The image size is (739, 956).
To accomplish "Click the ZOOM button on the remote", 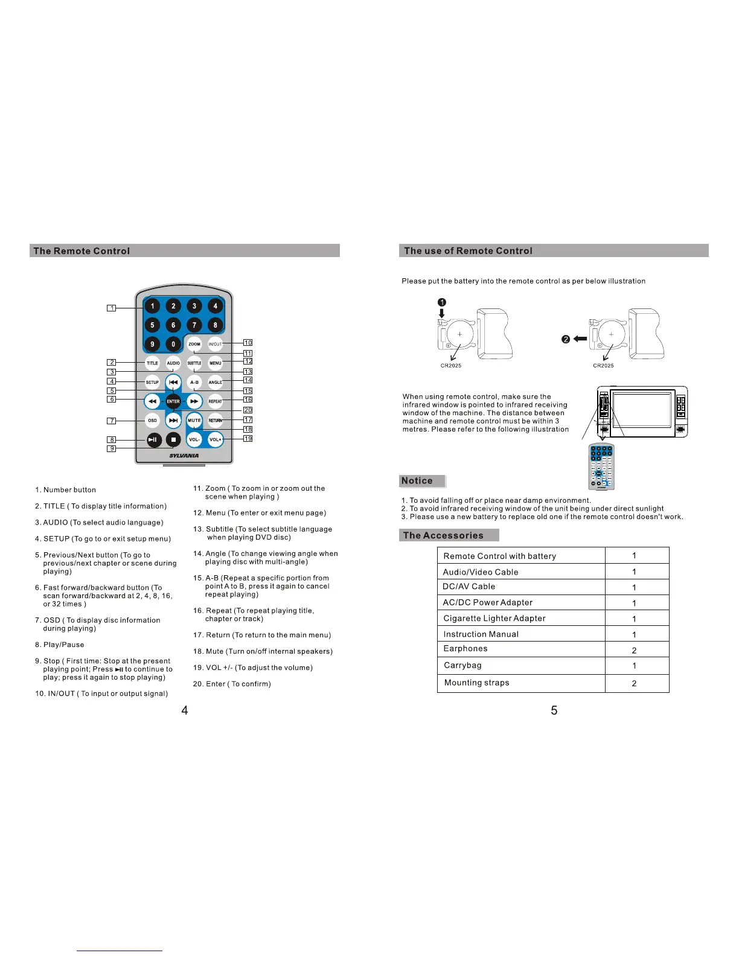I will pyautogui.click(x=194, y=345).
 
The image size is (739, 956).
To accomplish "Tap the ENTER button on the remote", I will pyautogui.click(x=173, y=401).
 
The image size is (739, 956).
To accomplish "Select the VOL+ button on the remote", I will pyautogui.click(x=215, y=440).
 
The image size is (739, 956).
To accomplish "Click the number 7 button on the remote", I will pyautogui.click(x=194, y=325).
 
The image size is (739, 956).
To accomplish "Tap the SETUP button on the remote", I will pyautogui.click(x=152, y=382).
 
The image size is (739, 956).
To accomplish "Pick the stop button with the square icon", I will pyautogui.click(x=173, y=440).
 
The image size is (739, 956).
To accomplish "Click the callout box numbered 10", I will pyautogui.click(x=248, y=343).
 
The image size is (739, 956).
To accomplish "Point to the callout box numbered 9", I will pyautogui.click(x=112, y=449).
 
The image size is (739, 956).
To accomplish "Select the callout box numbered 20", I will pyautogui.click(x=248, y=410).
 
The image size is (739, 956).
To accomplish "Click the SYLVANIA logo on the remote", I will pyautogui.click(x=184, y=456).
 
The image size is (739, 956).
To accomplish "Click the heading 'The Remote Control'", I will pyautogui.click(x=82, y=251).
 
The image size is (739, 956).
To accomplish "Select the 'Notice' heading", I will pyautogui.click(x=417, y=481).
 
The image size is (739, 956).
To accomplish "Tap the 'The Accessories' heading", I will pyautogui.click(x=443, y=535).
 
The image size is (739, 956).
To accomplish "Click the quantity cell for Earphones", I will pyautogui.click(x=634, y=650).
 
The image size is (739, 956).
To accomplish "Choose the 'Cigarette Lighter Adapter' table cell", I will pyautogui.click(x=494, y=618).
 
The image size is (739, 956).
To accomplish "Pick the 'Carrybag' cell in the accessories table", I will pyautogui.click(x=463, y=665).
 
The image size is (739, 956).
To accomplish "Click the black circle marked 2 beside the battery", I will pyautogui.click(x=566, y=339).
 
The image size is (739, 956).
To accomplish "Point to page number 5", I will pyautogui.click(x=554, y=710).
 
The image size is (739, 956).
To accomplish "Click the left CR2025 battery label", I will pyautogui.click(x=451, y=366).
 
